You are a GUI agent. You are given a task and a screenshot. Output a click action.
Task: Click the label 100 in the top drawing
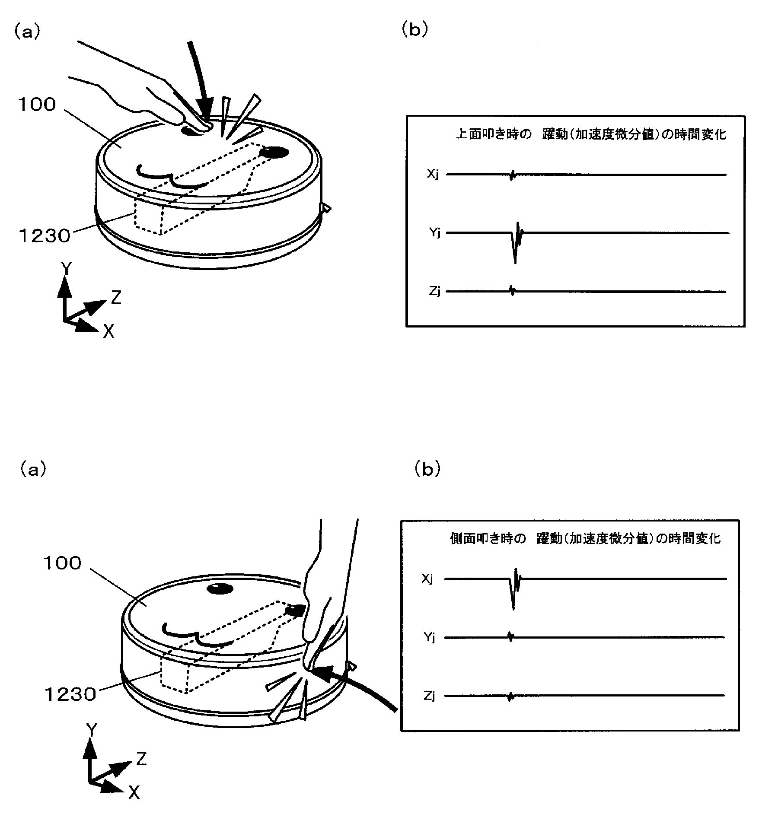click(x=37, y=105)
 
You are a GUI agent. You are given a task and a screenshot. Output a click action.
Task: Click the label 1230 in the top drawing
click(x=44, y=236)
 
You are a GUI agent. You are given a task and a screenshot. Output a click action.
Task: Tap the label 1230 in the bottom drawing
click(x=70, y=694)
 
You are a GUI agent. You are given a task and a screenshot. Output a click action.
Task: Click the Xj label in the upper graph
click(x=433, y=175)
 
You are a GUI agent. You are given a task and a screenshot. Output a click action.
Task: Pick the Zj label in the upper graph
click(x=434, y=292)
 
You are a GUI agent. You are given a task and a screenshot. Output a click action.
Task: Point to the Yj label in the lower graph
click(x=429, y=637)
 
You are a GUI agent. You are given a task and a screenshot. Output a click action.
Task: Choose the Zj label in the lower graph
click(x=429, y=696)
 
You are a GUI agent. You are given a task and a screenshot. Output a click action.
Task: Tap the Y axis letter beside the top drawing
click(x=66, y=268)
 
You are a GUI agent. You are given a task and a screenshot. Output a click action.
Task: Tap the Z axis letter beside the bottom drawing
click(x=141, y=758)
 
